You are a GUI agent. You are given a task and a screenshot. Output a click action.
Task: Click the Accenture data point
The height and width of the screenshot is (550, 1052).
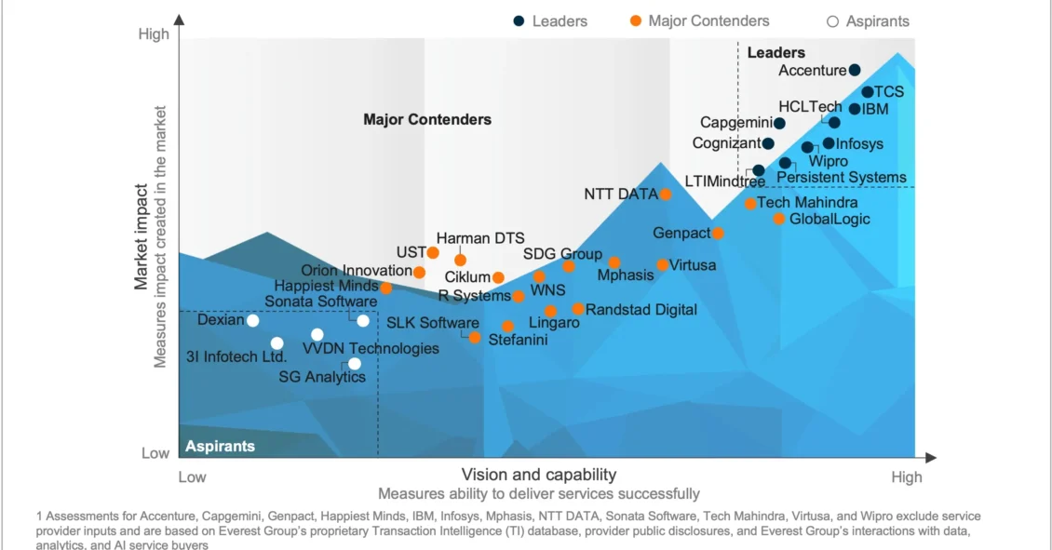coord(855,70)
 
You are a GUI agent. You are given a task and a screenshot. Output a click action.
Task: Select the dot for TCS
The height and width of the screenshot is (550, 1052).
coord(867,92)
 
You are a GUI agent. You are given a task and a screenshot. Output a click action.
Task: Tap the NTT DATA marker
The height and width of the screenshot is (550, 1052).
coord(666,194)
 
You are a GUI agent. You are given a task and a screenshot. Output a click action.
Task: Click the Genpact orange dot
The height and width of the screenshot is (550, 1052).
coord(718,233)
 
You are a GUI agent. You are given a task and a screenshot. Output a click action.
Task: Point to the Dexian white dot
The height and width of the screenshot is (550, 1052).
coord(252,320)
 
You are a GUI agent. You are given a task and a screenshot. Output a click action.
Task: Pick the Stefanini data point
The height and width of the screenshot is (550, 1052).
coord(475,338)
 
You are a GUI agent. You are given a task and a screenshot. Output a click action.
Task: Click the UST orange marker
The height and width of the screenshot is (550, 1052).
coord(433,252)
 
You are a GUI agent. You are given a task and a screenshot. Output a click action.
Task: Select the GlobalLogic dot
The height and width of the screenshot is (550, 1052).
coord(779,219)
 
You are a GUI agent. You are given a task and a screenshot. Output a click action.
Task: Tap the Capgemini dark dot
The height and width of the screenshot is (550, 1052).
coord(779,123)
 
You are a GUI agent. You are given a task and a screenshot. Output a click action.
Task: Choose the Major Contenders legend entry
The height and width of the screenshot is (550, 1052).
coord(699,20)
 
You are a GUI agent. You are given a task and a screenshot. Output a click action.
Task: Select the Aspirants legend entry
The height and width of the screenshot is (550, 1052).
coord(869,20)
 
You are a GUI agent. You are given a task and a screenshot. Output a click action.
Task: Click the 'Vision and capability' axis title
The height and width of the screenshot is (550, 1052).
coord(539,475)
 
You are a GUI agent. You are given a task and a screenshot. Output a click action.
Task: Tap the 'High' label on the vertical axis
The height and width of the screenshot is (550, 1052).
coord(154,34)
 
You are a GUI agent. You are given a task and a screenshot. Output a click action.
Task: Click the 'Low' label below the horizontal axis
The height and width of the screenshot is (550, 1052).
coord(192,476)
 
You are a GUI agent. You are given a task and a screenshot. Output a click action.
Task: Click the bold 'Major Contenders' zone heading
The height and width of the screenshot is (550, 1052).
coord(427,119)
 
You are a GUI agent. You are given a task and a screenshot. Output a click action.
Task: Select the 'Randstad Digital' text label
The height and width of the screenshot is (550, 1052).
coord(641,309)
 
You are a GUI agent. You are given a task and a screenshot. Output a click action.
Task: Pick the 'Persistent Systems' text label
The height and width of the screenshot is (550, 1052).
coord(842,177)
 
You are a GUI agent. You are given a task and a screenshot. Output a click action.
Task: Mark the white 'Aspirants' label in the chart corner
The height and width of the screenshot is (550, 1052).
coord(220,446)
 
